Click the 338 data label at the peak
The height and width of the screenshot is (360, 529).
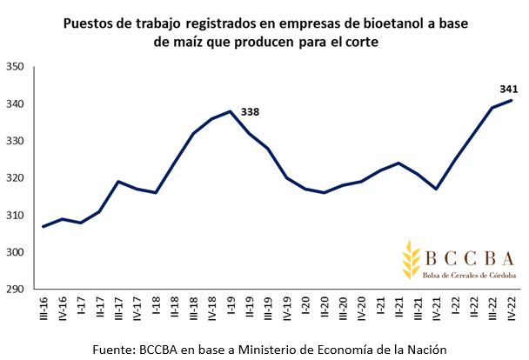(x=251, y=111)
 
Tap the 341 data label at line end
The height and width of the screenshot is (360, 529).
(x=510, y=89)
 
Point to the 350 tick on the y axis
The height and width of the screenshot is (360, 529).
(x=16, y=67)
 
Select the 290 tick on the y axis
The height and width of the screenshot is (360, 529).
(x=16, y=290)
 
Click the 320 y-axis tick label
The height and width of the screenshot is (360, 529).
(x=16, y=178)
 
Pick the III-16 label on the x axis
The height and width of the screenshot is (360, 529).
(x=44, y=310)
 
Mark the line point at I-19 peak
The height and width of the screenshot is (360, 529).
(x=229, y=111)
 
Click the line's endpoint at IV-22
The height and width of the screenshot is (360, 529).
(x=510, y=100)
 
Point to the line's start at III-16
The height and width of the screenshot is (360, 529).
(x=44, y=227)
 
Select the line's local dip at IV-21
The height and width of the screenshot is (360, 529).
(x=435, y=189)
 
